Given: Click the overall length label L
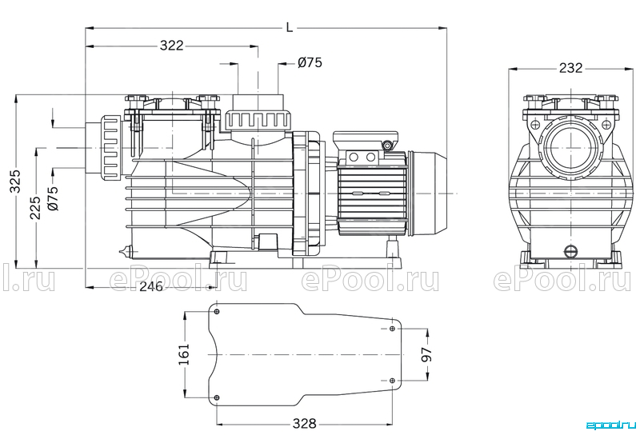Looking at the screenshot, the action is click(x=290, y=28).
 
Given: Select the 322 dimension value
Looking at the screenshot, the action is click(x=171, y=46).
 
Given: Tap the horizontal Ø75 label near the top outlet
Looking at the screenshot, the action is click(x=310, y=62).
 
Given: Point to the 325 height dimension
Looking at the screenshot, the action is click(x=15, y=181).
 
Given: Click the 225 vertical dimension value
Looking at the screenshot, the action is click(x=35, y=208).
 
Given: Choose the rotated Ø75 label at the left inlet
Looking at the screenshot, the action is click(x=53, y=198).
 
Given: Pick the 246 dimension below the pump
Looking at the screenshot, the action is click(x=151, y=286).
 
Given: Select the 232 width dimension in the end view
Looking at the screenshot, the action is click(x=570, y=68).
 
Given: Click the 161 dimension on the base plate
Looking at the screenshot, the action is click(x=184, y=354).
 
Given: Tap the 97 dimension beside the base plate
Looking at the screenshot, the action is click(x=426, y=354).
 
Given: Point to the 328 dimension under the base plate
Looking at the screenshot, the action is click(x=305, y=424).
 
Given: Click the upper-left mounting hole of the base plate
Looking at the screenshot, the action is click(x=217, y=312).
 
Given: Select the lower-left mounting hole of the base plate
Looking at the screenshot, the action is click(x=217, y=397).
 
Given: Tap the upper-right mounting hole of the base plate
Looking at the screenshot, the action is click(x=392, y=329).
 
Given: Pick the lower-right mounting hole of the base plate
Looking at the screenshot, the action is click(x=392, y=381).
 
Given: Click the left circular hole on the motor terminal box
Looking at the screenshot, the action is click(x=354, y=157).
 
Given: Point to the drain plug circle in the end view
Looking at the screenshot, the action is click(x=570, y=251).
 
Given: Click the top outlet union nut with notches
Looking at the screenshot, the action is click(x=258, y=121).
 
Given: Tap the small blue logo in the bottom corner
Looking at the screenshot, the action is click(x=611, y=425).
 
